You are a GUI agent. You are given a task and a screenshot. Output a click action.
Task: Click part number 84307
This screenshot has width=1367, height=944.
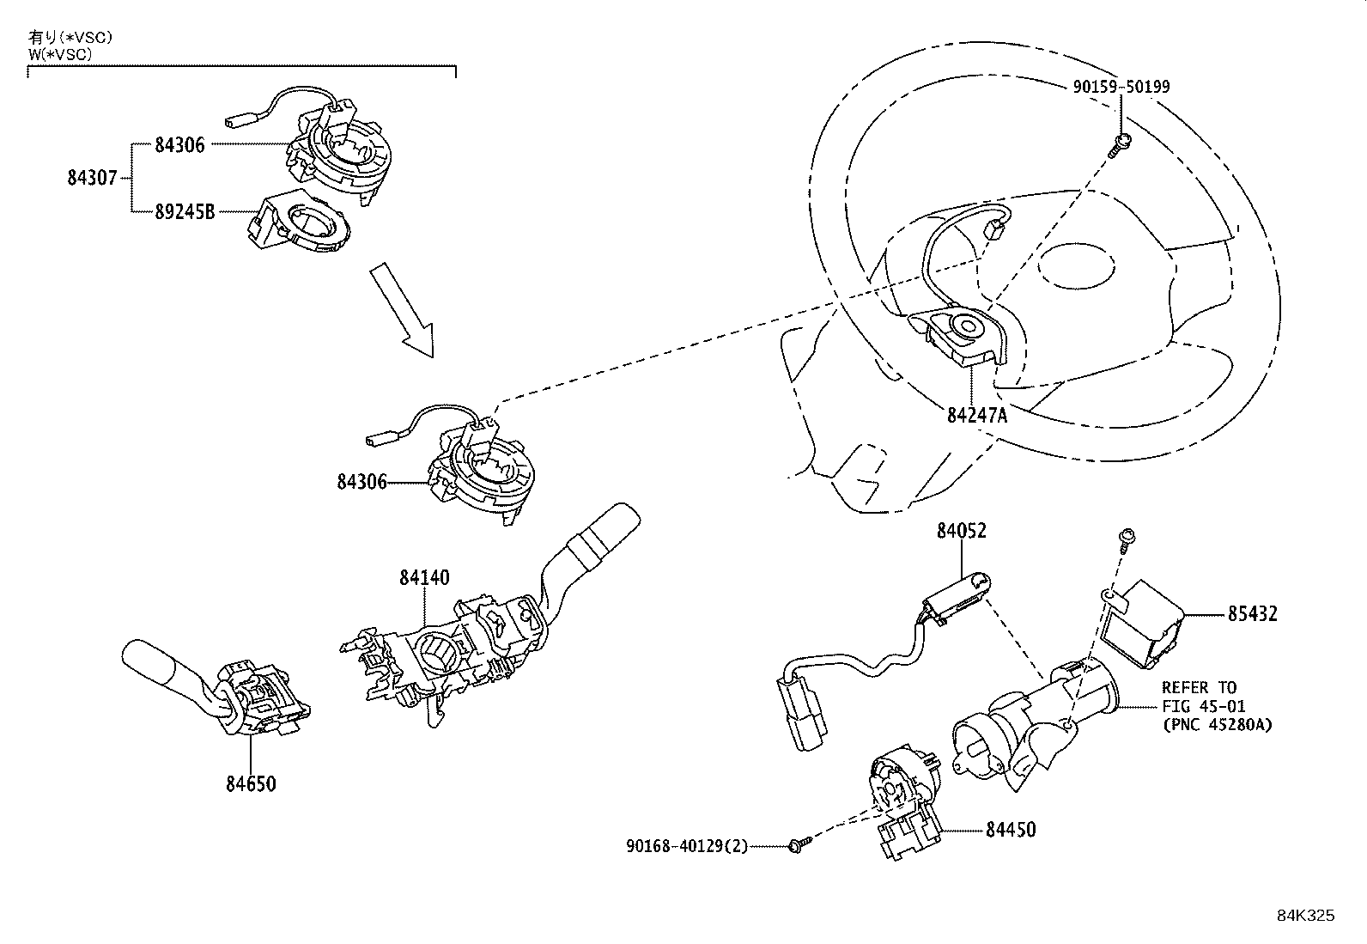tap(92, 179)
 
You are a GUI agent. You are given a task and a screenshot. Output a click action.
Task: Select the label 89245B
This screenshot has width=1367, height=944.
tap(185, 211)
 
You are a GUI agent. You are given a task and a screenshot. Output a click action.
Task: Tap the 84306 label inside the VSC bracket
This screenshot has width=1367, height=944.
tap(179, 145)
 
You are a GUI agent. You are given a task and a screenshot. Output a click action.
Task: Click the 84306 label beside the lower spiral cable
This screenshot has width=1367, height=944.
tap(361, 483)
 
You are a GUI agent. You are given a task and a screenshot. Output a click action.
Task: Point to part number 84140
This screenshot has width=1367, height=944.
tap(423, 577)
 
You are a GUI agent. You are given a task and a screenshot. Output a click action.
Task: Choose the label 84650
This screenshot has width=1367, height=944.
tap(251, 784)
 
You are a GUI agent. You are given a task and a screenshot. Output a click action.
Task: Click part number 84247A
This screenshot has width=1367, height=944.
tap(976, 416)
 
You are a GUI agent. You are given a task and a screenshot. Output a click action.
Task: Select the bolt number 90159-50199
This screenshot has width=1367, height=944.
tap(1121, 87)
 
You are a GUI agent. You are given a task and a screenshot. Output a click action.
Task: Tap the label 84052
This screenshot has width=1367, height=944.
tap(961, 531)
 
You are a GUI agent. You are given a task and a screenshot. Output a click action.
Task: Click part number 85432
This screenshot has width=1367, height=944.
tap(1251, 614)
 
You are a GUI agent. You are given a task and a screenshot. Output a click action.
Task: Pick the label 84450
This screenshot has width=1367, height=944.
tap(1010, 830)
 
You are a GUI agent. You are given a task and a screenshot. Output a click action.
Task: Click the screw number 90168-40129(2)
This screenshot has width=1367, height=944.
tap(687, 846)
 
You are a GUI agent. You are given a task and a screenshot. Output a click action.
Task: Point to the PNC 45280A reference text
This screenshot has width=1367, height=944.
tap(1216, 725)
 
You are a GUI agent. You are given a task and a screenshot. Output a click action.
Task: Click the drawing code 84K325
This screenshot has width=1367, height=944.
tap(1305, 916)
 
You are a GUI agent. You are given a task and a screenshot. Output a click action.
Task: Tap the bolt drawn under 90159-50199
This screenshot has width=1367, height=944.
tap(1118, 146)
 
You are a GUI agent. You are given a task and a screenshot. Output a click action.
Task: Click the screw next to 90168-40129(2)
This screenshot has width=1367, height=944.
tap(797, 846)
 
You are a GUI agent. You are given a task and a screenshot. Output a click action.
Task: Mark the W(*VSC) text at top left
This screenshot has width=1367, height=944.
tap(59, 53)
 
